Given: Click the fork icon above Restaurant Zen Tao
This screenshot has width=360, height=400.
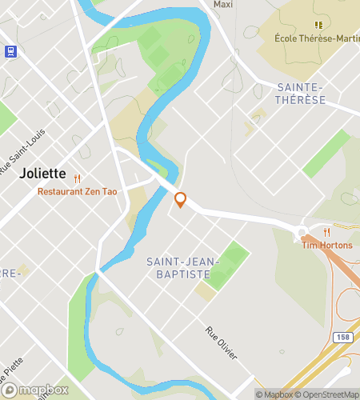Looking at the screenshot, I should (x=78, y=179).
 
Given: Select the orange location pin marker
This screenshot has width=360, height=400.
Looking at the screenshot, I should (x=181, y=200).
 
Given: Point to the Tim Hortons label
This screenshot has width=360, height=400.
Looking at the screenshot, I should (x=327, y=245).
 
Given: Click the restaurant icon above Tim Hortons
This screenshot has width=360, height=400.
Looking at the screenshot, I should (x=327, y=233).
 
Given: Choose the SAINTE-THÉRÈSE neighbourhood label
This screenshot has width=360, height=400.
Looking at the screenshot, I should (x=300, y=93).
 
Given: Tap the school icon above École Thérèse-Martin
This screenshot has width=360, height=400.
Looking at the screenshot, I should (x=318, y=25).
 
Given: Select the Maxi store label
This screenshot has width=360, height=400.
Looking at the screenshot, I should (x=222, y=4).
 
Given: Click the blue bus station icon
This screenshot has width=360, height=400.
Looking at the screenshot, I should (x=10, y=50).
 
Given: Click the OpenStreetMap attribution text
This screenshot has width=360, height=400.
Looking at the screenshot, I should (x=328, y=394).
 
